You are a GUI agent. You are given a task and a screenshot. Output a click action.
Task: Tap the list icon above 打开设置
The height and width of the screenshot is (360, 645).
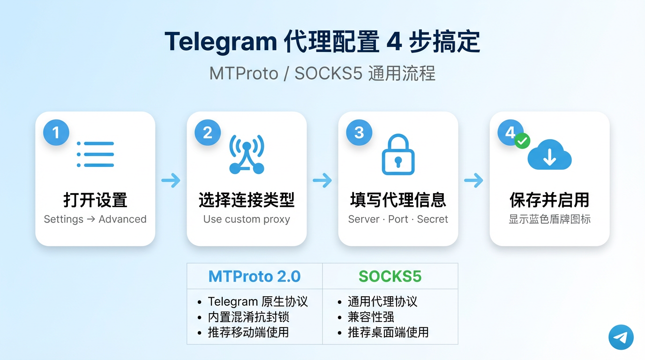pos(95,154)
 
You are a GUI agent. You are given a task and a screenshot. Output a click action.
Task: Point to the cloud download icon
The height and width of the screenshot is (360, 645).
pos(549,155)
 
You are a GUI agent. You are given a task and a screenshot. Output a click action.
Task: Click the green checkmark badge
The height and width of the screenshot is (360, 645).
pos(522,141)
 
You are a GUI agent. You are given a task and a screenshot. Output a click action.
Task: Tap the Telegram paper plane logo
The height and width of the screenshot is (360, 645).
pos(621,337)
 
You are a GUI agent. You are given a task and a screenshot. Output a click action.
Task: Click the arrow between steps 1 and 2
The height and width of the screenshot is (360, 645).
pos(171,180)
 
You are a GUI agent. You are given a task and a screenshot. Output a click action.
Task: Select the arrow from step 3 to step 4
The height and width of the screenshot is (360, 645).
pos(474,180)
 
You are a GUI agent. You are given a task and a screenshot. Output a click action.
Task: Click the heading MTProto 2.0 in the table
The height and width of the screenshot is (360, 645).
pos(255,276)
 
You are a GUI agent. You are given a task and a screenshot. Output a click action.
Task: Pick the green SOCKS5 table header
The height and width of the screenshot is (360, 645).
pos(390,276)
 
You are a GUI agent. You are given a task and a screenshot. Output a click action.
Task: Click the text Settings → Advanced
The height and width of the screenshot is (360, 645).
pos(95,219)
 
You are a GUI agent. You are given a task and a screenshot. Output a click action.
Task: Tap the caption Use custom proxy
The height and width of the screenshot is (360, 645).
pos(247,219)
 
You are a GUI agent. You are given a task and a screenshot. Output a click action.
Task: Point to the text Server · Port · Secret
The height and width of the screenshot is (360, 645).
pos(398,219)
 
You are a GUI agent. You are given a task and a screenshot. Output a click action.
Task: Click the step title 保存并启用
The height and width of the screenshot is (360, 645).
pos(549,200)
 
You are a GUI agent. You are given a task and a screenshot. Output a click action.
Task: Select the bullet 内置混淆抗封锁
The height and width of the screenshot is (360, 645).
pos(252,317)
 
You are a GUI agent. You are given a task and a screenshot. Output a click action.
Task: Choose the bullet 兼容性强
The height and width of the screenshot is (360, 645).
pos(371,317)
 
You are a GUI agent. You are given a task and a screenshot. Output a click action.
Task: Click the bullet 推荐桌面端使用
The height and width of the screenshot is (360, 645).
pos(388,332)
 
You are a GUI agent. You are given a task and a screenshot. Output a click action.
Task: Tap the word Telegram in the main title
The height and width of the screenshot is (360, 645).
pos(220,42)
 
